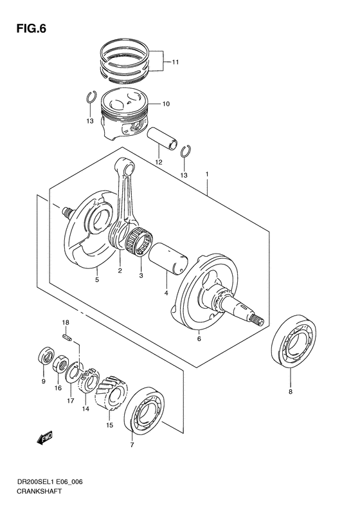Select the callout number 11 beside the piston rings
coord(175,62)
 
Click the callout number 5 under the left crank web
coord(97,280)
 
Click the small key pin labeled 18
coord(66,334)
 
